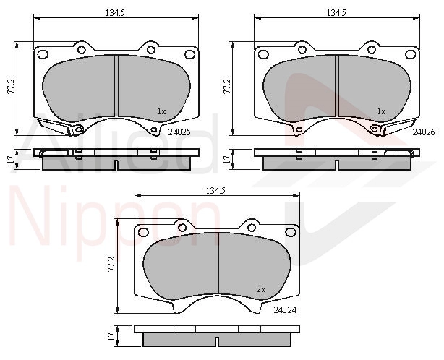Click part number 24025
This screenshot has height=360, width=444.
coord(179,132)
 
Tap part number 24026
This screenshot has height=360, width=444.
coord(423,132)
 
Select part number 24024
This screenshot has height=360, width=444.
coord(285,310)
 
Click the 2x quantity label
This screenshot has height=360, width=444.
coord(261,289)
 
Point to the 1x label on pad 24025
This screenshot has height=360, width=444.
coord(161,111)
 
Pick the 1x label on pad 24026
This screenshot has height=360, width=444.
coord(381,111)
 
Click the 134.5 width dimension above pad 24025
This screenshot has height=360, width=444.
coord(115,13)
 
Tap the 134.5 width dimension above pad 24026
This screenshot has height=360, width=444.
coord(336,13)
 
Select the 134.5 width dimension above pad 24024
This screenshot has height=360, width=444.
coord(215,191)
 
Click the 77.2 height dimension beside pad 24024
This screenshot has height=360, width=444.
coord(111,265)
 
